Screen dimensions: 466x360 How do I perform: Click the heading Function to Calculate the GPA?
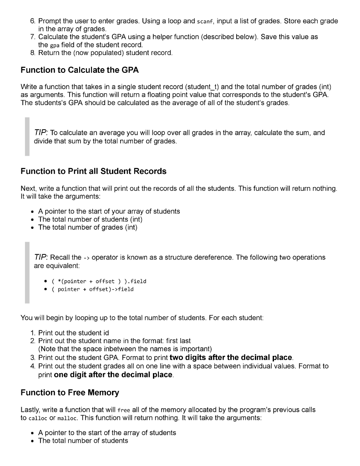pos(80,70)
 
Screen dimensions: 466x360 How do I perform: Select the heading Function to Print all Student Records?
pos(93,172)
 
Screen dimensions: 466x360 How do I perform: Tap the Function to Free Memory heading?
pos(70,392)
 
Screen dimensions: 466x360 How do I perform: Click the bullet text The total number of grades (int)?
pos(87,228)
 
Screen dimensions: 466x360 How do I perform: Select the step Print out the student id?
pos(73,333)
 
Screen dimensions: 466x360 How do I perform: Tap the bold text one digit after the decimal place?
pos(113,375)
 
